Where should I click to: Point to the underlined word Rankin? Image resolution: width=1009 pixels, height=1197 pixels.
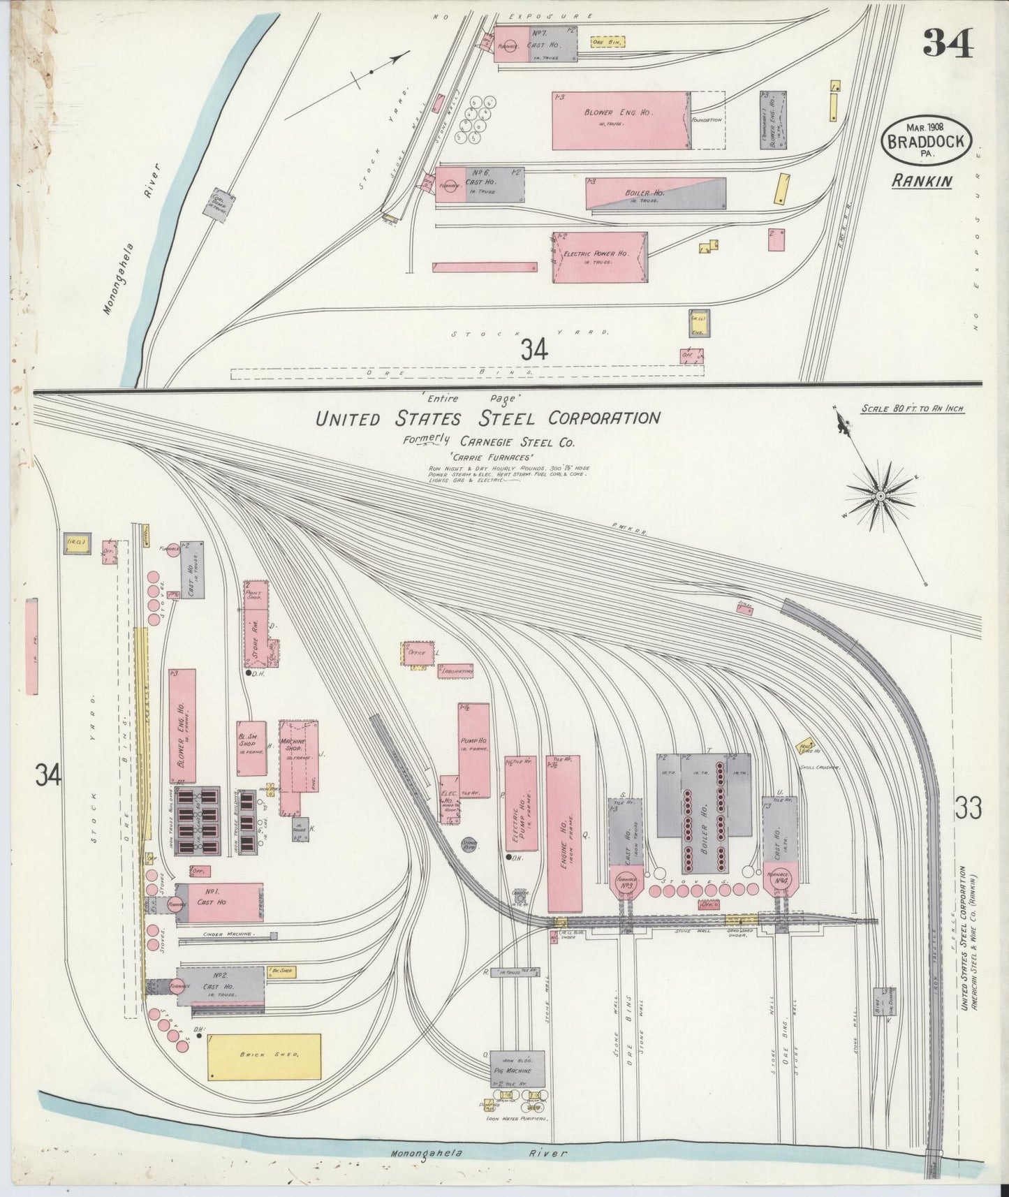[x=922, y=181]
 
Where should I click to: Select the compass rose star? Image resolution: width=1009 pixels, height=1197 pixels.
[x=881, y=495]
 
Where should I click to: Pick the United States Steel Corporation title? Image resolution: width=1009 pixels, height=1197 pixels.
[x=487, y=418]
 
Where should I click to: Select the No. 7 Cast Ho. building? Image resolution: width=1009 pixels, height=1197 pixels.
[x=536, y=43]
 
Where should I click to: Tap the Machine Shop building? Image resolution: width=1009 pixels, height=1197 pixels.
[x=298, y=766]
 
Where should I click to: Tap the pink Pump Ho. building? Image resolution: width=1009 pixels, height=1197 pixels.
[x=473, y=751]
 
